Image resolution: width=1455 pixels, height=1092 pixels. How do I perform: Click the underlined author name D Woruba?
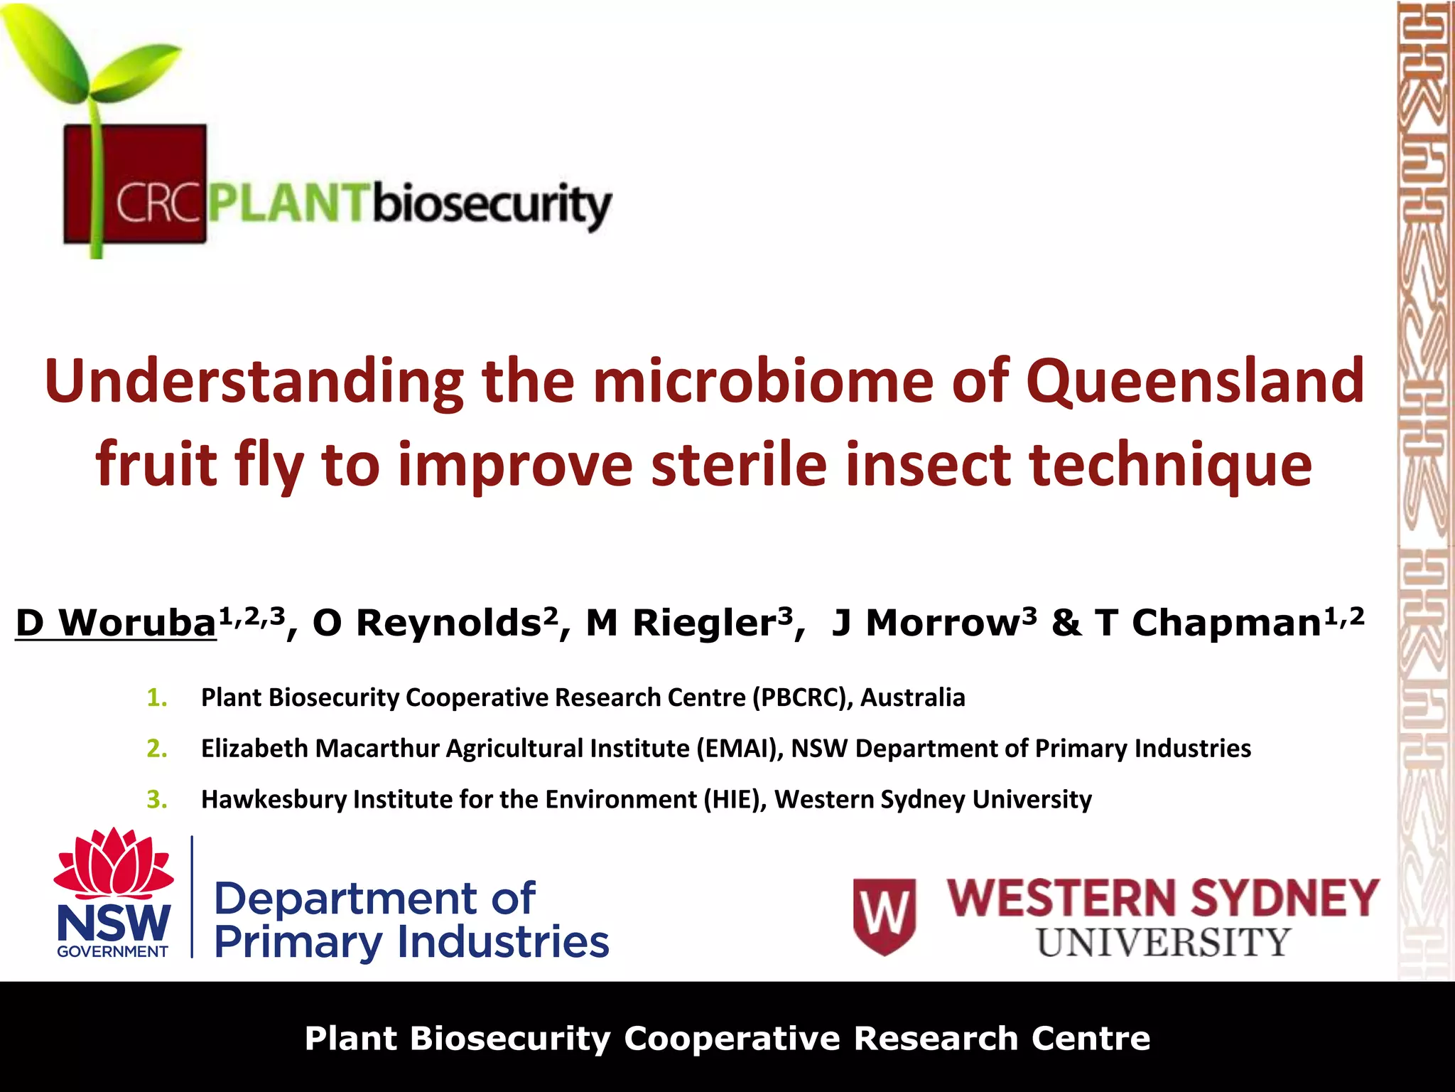(117, 623)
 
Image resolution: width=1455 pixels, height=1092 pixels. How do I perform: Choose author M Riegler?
(681, 623)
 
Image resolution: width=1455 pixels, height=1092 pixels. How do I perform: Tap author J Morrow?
(926, 623)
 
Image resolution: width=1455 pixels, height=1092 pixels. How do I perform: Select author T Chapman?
(1208, 623)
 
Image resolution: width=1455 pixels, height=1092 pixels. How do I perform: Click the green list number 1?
(156, 697)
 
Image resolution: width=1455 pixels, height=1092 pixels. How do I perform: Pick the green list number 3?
(156, 800)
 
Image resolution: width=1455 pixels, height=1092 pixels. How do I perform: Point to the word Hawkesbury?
(274, 800)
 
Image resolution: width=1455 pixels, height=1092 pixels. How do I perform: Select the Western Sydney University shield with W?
(885, 916)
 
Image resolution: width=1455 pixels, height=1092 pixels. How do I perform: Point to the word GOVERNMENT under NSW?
(113, 952)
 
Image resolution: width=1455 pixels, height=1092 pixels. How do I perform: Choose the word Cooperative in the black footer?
(732, 1038)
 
